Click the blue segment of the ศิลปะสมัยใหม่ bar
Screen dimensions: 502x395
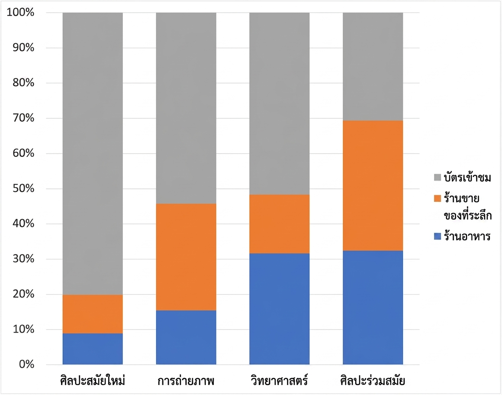click(93, 349)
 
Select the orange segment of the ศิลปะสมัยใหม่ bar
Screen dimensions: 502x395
click(93, 314)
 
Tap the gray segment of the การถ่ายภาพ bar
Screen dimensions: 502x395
click(186, 108)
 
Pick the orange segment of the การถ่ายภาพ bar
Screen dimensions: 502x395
click(186, 257)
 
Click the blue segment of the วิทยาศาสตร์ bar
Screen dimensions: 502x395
click(280, 309)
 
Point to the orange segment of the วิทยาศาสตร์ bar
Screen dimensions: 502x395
click(280, 224)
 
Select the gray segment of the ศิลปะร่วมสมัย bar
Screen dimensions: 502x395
click(373, 67)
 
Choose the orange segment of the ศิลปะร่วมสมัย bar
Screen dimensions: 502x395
click(373, 186)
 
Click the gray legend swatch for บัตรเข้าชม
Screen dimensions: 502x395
click(438, 178)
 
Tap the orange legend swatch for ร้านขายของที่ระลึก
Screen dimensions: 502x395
click(438, 199)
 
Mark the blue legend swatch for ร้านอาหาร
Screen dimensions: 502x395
click(438, 236)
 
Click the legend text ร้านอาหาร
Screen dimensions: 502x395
click(467, 236)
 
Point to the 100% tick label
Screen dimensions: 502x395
click(20, 12)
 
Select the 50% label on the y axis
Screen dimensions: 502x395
click(23, 188)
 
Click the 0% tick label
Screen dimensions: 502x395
click(26, 364)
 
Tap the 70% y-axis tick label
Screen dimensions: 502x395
click(23, 118)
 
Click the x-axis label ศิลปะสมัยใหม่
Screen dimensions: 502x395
click(93, 380)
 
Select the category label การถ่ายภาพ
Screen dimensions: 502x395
click(186, 381)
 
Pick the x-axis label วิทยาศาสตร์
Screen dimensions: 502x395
click(280, 380)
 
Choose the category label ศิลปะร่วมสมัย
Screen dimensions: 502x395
click(373, 380)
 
